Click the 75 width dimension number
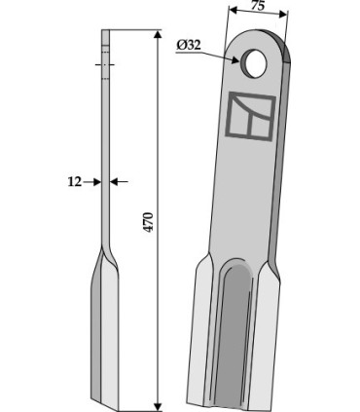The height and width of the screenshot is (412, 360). [258, 6]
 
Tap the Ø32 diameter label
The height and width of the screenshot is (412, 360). [189, 45]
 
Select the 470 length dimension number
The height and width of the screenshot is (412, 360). [148, 222]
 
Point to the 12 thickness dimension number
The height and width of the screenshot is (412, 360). [75, 182]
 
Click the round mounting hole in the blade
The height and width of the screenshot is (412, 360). [254, 63]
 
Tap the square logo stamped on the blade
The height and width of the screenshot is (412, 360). [250, 116]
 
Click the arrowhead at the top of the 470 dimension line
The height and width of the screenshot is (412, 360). [158, 35]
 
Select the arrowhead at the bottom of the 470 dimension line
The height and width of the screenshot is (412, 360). [158, 406]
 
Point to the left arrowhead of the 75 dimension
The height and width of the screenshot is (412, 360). [234, 11]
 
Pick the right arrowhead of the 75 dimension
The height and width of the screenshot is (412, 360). [283, 14]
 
